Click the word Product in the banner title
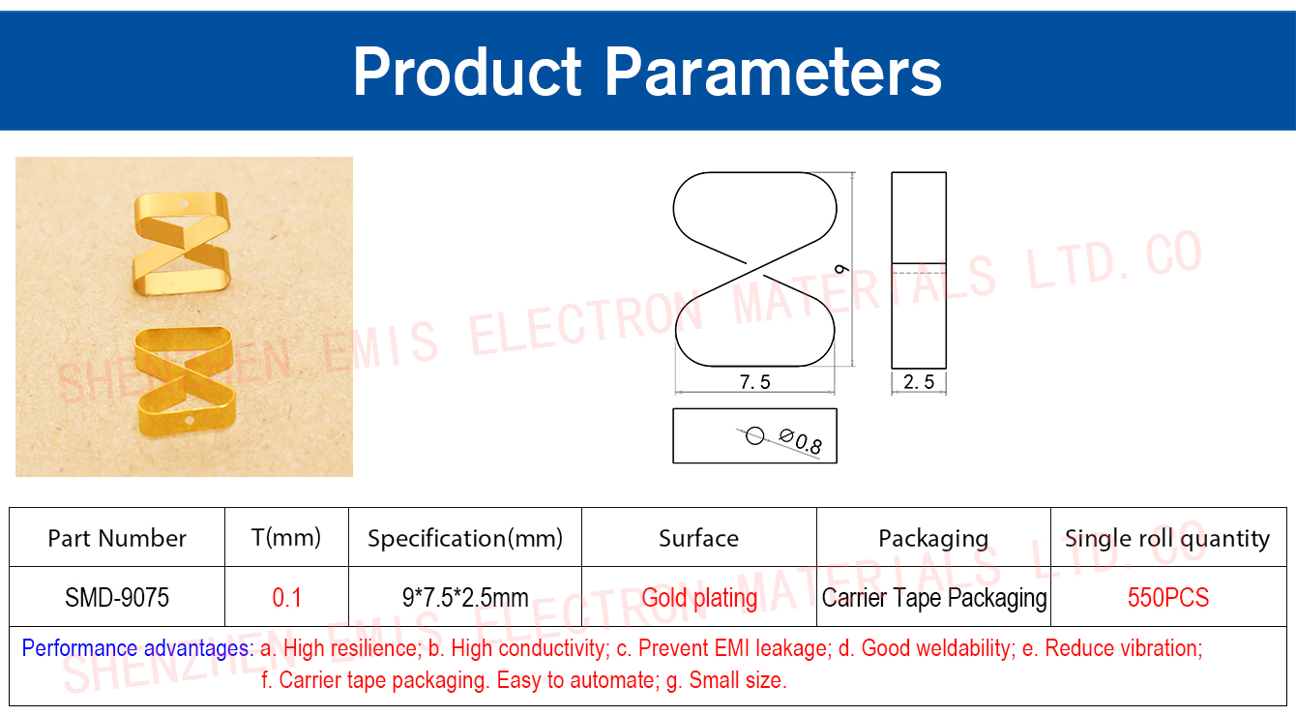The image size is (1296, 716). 467,73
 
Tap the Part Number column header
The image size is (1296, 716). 117,538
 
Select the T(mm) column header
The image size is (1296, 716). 286,538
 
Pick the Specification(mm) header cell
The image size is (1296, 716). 465,538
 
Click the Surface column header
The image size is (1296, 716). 699,538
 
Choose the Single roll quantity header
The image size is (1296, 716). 1167,538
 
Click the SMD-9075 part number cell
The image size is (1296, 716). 117,597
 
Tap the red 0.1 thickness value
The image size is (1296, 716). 287,597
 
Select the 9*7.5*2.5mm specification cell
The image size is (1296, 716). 465,597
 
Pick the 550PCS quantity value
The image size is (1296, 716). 1168,597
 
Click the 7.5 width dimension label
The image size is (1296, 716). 755,382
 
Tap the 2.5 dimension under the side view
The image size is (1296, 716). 919,382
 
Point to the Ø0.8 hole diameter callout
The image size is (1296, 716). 801,441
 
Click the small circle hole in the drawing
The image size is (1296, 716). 755,435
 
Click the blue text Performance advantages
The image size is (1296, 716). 137,648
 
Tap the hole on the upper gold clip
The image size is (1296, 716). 185,204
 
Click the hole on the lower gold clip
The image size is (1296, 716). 189,421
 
